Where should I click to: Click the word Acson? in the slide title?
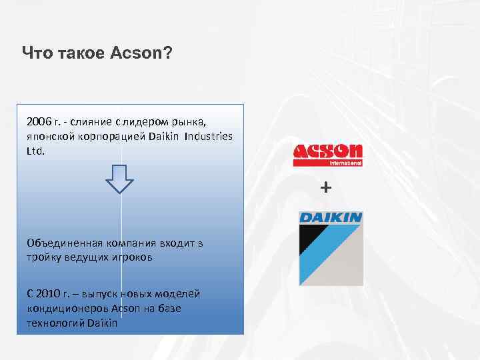coord(139,53)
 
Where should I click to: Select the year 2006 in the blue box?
coord(39,122)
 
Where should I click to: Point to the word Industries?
coord(209,136)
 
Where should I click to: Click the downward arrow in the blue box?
coord(121,179)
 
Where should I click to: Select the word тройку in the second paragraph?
coord(43,257)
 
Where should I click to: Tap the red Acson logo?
coord(328,151)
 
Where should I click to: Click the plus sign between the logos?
coord(325,188)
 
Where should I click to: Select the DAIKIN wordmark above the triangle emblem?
coord(331,217)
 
